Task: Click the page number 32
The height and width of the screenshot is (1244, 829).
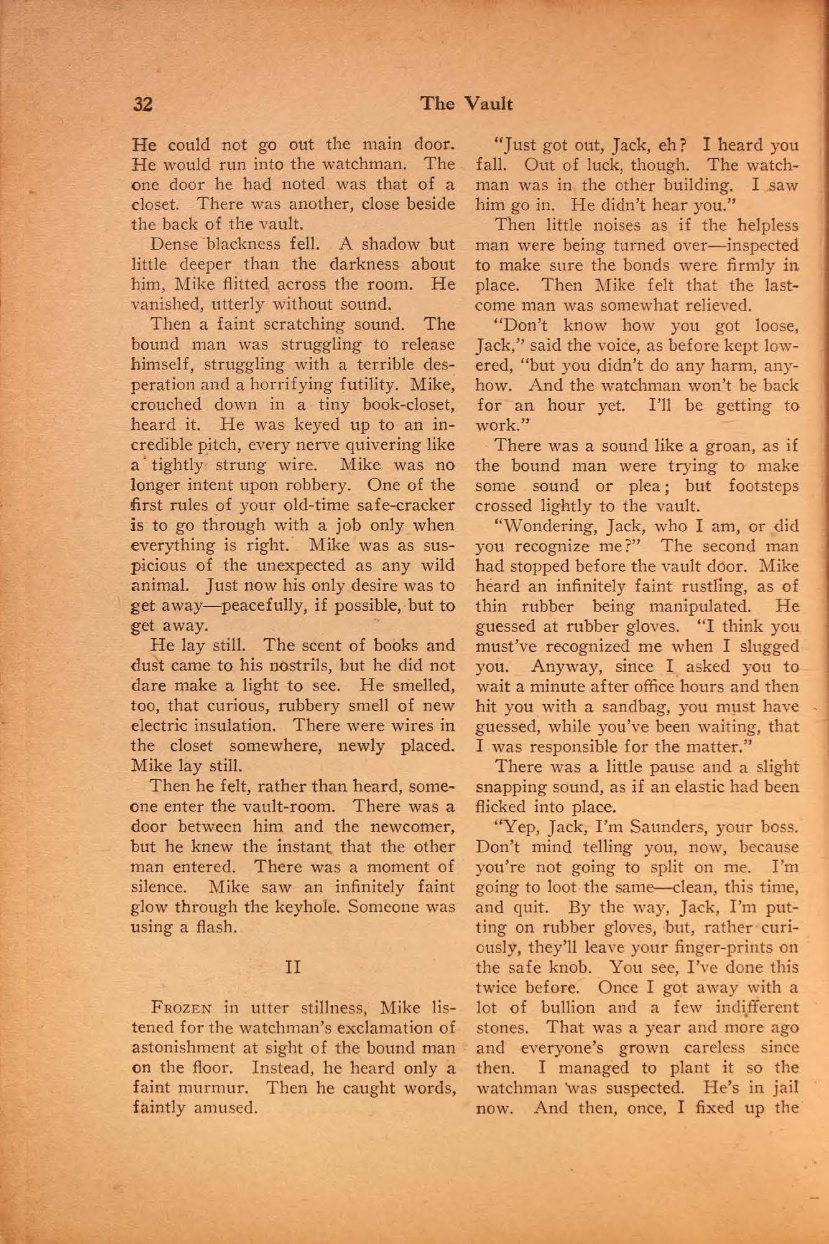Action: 143,104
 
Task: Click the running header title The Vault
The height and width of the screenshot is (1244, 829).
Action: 466,103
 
